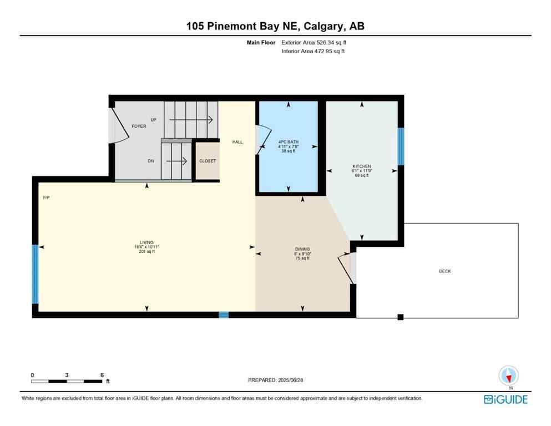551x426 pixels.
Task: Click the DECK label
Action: click(x=444, y=271)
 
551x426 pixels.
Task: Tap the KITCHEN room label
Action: click(x=362, y=166)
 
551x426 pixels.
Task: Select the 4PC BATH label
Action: click(x=288, y=142)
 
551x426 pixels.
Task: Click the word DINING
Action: click(x=302, y=249)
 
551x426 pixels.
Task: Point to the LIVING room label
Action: click(x=146, y=242)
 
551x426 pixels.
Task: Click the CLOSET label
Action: click(x=208, y=161)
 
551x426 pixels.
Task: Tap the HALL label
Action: click(x=237, y=142)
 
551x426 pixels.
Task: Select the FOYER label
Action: click(x=139, y=126)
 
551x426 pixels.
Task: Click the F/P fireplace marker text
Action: click(x=47, y=197)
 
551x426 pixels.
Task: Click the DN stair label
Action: click(x=151, y=161)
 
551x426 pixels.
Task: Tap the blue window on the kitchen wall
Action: click(x=401, y=146)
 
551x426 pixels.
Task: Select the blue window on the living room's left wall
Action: click(x=36, y=274)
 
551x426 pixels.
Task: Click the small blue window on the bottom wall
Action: click(x=224, y=315)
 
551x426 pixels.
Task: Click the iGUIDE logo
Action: click(x=505, y=399)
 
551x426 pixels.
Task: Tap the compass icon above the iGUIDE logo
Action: click(x=508, y=376)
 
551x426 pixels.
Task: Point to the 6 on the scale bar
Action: click(x=102, y=375)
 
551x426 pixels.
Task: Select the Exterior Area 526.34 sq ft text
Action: click(x=315, y=42)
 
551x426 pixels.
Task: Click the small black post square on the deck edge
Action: click(x=400, y=317)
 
